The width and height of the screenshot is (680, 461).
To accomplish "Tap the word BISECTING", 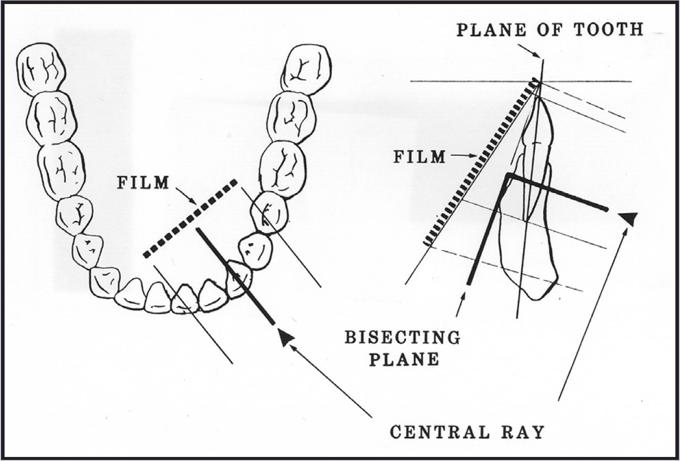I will [x=403, y=337].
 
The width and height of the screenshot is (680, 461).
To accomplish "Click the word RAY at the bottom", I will [x=523, y=433].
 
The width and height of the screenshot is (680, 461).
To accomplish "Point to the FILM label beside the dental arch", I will [x=143, y=182].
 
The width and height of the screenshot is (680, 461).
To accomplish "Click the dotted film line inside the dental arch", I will [x=189, y=218].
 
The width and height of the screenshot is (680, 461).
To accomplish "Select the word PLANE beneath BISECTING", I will [x=403, y=358].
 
